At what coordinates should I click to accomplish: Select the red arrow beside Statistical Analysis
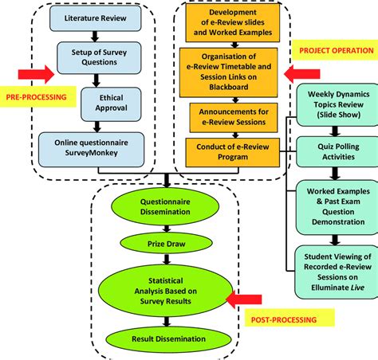click(x=245, y=299)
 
